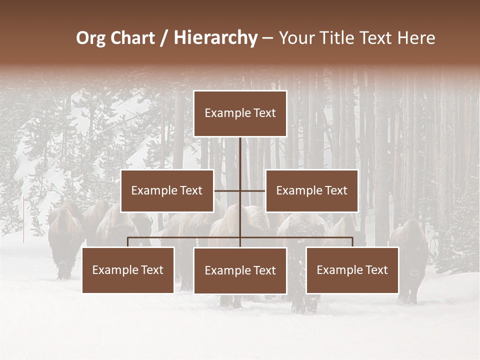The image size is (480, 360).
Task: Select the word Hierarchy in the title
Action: pos(215,38)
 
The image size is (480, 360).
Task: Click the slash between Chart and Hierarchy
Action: pos(164,38)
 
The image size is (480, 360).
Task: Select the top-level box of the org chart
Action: pos(240,113)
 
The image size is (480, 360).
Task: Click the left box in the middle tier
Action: pos(167,190)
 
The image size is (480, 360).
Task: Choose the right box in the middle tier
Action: pos(311,190)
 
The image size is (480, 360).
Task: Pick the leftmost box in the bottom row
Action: pos(128,270)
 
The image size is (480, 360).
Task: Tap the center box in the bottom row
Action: pos(240,270)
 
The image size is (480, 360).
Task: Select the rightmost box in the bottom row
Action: pos(352,270)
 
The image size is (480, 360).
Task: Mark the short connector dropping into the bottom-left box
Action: pos(128,242)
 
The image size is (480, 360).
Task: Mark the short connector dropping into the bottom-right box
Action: pos(352,242)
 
